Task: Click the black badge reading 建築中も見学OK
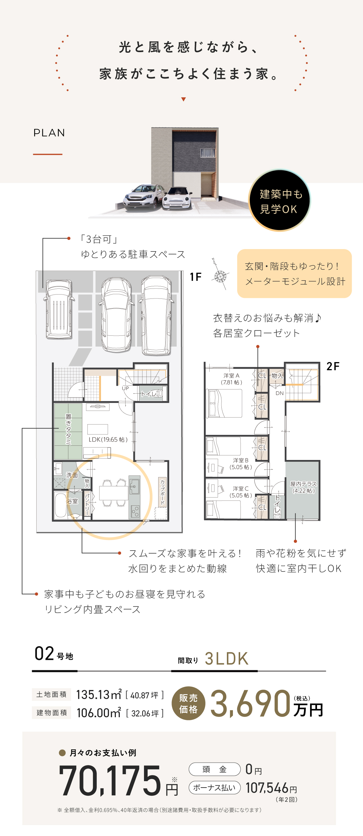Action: click(280, 201)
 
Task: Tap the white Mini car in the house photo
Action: click(177, 198)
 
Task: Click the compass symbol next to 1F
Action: click(221, 276)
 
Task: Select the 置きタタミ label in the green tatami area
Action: click(68, 429)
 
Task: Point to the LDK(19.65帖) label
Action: click(108, 439)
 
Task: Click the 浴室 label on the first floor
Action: click(72, 501)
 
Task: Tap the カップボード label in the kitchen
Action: click(162, 492)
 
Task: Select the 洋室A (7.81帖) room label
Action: click(231, 379)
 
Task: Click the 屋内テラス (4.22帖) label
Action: click(303, 487)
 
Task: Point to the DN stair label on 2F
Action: click(280, 393)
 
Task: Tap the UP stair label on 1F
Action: click(126, 388)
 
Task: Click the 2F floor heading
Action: click(332, 366)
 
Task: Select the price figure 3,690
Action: click(250, 703)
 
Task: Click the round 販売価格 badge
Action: click(188, 703)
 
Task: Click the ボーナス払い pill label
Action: click(214, 787)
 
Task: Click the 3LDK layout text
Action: click(227, 658)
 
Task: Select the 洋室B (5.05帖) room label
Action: click(240, 463)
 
